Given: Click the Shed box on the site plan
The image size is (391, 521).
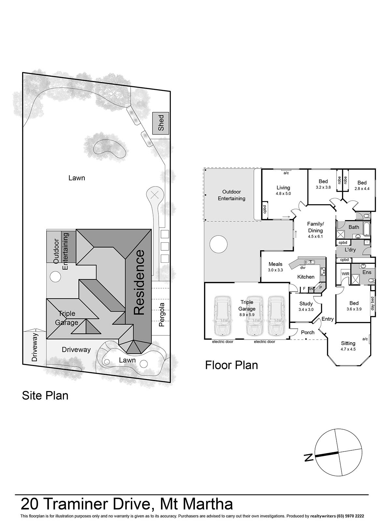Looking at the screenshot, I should (x=161, y=123).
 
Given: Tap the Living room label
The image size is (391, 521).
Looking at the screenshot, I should (x=283, y=188).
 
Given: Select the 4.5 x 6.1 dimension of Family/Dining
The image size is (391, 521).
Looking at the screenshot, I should (x=315, y=236).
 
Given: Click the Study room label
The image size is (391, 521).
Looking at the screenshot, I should (x=306, y=303).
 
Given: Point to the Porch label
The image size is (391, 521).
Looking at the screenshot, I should (x=308, y=332).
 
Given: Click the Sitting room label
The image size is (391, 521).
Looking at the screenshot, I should (x=348, y=343).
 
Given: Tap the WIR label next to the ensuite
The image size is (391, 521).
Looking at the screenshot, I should (x=345, y=274).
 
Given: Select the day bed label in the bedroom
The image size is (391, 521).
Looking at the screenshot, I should (x=373, y=303).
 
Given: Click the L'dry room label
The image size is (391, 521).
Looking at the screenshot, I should (x=350, y=250).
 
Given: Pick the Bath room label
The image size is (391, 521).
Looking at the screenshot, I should (x=354, y=227).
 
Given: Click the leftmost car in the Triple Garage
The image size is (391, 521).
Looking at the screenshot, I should (x=222, y=315).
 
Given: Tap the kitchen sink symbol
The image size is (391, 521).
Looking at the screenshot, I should (x=309, y=262).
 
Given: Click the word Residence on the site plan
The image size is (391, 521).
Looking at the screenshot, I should (x=139, y=282).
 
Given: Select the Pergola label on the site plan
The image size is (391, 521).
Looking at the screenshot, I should (x=162, y=315).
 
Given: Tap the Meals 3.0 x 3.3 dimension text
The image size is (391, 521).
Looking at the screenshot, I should (x=275, y=270).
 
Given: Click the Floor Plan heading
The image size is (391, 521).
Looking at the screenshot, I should (x=231, y=365).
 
